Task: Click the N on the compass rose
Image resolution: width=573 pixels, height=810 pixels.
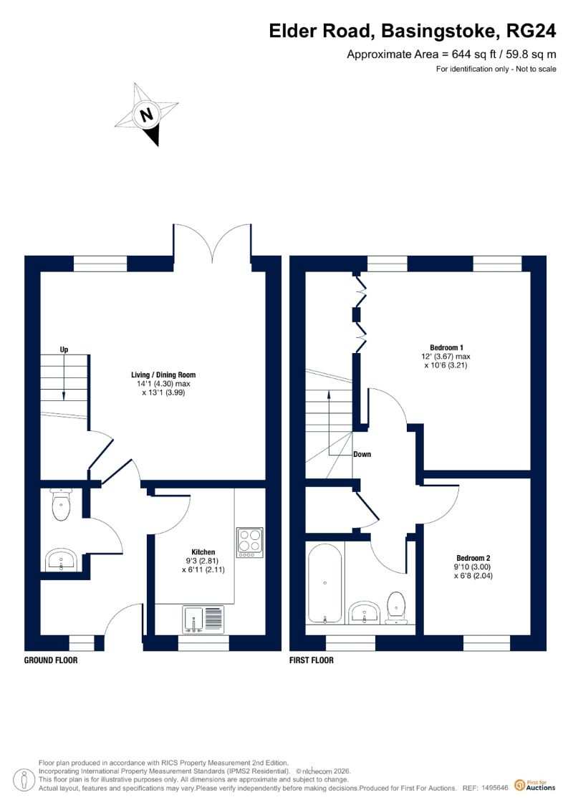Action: coord(148,114)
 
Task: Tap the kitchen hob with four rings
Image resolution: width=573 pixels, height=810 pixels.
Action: coord(250,542)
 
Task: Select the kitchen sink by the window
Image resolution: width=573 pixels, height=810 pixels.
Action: coord(203,619)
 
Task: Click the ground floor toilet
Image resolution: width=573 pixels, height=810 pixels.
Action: coord(61,504)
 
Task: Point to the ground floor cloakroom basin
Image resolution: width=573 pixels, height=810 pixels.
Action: coord(61,561)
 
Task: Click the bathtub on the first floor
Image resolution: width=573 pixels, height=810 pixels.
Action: coord(324,583)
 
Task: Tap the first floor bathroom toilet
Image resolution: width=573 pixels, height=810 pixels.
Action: coord(396,608)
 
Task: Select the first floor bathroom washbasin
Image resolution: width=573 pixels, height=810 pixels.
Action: coord(365,612)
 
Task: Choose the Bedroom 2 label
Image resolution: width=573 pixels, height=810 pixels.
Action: coord(473,558)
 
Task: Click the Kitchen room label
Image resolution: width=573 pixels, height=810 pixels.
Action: coord(203,551)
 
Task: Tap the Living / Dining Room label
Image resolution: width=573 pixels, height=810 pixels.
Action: coord(163,375)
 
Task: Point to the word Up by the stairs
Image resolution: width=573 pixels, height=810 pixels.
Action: coord(64,349)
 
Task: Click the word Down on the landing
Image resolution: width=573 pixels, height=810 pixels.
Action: coord(362,454)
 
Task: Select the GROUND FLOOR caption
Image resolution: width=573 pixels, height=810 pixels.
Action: coord(51,660)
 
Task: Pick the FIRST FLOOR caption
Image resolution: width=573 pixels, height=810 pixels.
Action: coord(312,660)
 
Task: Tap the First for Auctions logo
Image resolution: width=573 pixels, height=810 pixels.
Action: coord(535,786)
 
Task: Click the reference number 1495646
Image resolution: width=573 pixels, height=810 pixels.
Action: coord(495,788)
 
